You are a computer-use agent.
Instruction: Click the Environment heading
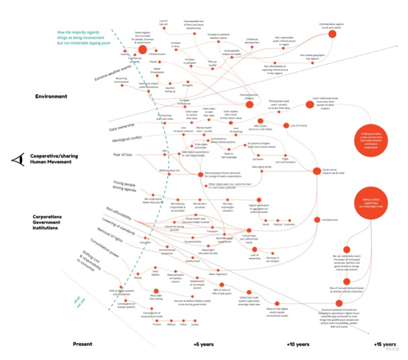(x=51, y=96)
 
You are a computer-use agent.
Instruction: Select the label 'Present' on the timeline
(x=82, y=345)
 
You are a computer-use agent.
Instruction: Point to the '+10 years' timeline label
(x=298, y=345)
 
